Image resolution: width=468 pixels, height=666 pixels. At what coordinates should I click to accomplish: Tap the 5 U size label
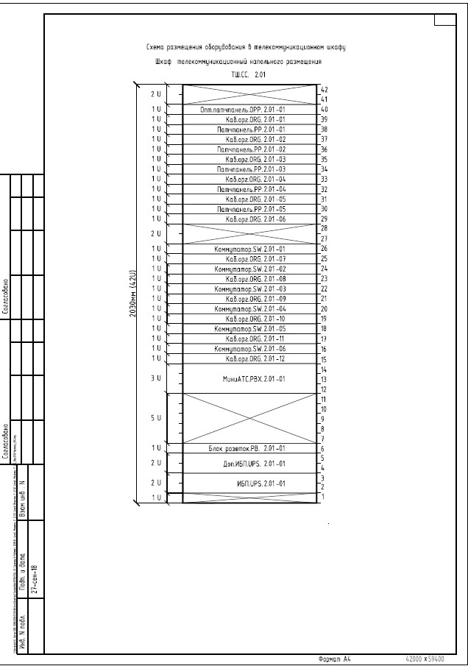click(x=155, y=418)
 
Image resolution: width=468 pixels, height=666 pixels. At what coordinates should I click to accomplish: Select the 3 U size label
click(x=155, y=378)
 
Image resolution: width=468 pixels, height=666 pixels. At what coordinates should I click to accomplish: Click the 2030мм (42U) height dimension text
click(x=133, y=294)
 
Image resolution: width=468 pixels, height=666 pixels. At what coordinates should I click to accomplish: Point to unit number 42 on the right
click(x=323, y=89)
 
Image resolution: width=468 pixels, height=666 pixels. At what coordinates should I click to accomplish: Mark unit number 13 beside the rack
click(x=323, y=379)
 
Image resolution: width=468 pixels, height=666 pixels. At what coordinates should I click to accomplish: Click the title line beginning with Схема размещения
click(x=247, y=47)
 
